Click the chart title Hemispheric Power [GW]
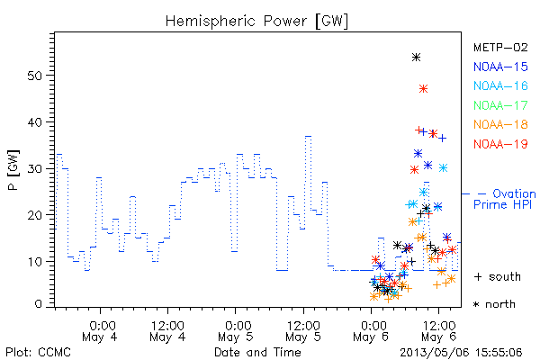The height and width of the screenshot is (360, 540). (256, 21)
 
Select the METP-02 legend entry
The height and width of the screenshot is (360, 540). (500, 47)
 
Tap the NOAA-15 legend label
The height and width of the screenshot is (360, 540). (500, 67)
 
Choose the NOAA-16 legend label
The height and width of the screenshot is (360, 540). (500, 85)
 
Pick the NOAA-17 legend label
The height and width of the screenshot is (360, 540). (500, 105)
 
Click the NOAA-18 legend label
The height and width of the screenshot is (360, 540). (500, 124)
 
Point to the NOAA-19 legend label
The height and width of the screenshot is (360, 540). (500, 144)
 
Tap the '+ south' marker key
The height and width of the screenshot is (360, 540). (498, 276)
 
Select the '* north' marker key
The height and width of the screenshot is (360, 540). (494, 304)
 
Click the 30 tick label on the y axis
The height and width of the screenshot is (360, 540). (34, 169)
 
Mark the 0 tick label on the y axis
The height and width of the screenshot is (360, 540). (38, 304)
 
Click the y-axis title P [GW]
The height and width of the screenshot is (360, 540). (13, 170)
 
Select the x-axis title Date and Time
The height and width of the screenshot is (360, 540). (257, 352)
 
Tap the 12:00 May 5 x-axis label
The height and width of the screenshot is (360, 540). (303, 330)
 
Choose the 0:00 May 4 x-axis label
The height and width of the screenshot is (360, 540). (100, 330)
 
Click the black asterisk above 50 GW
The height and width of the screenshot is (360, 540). (416, 58)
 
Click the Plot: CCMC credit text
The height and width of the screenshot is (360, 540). (38, 352)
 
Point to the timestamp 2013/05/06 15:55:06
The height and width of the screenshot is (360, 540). (461, 352)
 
